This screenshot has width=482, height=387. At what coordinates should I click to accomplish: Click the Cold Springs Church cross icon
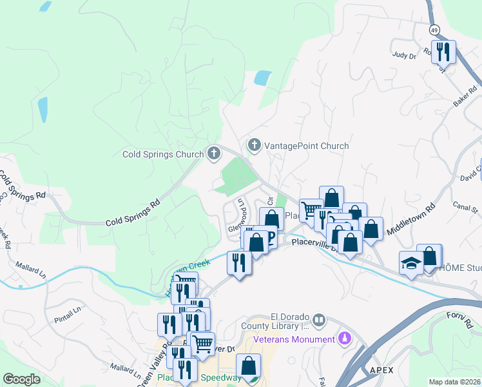pos(214,154)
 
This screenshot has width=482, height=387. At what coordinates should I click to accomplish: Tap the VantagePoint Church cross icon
pos(255,145)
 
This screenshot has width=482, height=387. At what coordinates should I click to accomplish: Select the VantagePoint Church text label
pos(306,146)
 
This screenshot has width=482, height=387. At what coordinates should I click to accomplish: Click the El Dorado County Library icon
pos(319,320)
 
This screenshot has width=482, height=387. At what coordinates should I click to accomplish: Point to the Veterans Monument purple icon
pos(345,338)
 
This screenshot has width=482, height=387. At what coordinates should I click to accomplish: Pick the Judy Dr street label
pos(404,55)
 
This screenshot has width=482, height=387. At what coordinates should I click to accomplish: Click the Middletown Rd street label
pos(411,219)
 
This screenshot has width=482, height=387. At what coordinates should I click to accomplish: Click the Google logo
pos(21,379)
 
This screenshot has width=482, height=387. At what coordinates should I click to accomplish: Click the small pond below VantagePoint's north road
pos(262,79)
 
